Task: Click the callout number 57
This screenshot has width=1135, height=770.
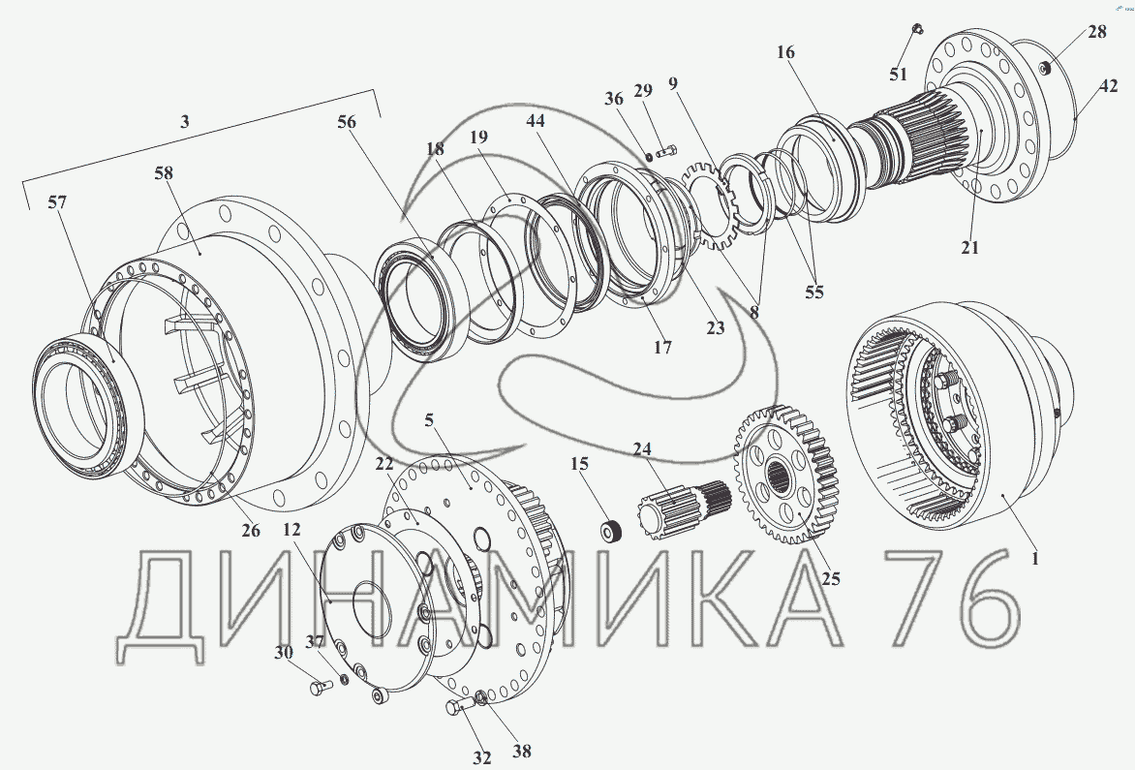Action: click(x=56, y=201)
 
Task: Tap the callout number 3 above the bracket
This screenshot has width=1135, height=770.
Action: click(x=185, y=122)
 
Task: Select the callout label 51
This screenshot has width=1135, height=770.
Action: click(x=898, y=75)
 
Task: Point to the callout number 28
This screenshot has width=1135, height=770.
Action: click(x=1096, y=32)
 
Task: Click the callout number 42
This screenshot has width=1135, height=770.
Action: click(x=1108, y=86)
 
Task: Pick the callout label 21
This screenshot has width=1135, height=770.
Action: click(x=970, y=248)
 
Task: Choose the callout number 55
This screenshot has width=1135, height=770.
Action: click(x=814, y=293)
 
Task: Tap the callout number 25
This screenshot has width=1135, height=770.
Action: click(x=830, y=579)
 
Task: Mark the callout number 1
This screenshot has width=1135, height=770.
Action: click(x=1035, y=559)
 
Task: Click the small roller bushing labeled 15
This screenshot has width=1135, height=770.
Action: click(x=612, y=531)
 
